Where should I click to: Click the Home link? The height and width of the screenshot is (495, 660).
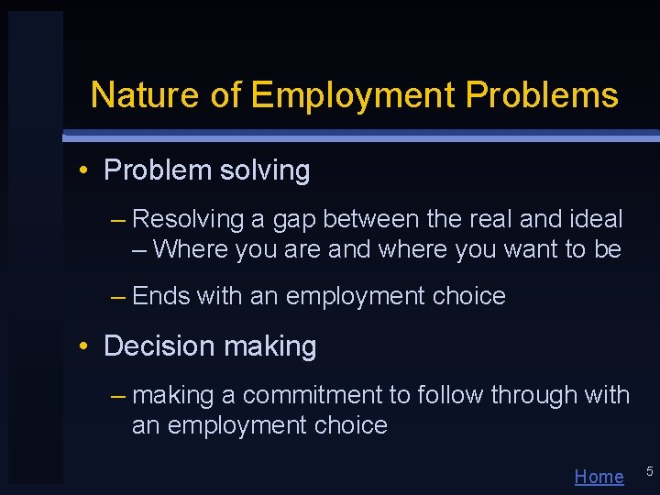pyautogui.click(x=599, y=476)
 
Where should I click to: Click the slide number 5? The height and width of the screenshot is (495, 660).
pyautogui.click(x=649, y=471)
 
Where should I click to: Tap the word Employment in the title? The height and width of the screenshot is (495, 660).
pyautogui.click(x=353, y=94)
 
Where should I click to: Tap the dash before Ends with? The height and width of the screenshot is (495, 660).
pyautogui.click(x=118, y=296)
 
